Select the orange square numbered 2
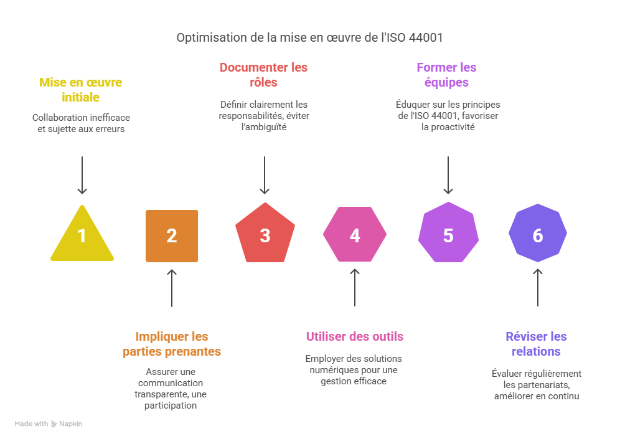[x=172, y=235]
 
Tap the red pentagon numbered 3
[x=265, y=235]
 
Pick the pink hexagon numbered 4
[x=355, y=235]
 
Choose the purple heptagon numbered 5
[x=448, y=235]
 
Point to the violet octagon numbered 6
[x=538, y=235]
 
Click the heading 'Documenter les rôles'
[x=263, y=75]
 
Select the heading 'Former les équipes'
[x=446, y=75]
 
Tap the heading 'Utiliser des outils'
[x=354, y=336]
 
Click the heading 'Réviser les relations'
[x=536, y=344]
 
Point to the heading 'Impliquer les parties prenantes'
[x=172, y=344]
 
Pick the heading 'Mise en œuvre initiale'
[x=81, y=90]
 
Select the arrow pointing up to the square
[x=172, y=288]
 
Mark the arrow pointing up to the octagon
[x=538, y=287]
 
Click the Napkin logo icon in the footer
[x=54, y=424]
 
